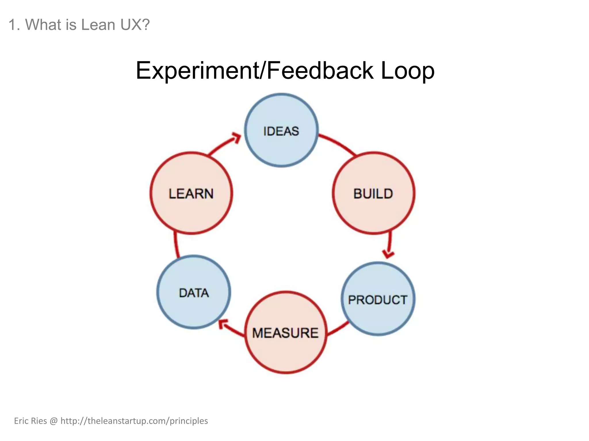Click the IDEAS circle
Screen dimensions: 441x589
click(281, 130)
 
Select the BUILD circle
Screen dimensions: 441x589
click(373, 193)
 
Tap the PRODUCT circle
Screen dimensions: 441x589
click(378, 299)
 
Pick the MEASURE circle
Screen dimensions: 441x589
click(286, 332)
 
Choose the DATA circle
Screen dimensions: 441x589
click(194, 292)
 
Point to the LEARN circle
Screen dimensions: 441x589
click(191, 193)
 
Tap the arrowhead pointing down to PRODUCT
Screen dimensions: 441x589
click(388, 254)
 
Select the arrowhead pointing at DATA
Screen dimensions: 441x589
click(223, 324)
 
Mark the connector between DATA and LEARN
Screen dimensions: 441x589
click(176, 245)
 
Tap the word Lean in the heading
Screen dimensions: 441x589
click(98, 25)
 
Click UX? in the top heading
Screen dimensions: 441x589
click(135, 25)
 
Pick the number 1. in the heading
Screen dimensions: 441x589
click(14, 25)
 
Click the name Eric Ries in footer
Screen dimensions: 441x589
click(30, 421)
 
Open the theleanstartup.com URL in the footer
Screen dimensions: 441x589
click(134, 421)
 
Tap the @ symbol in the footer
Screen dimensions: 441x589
click(53, 421)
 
